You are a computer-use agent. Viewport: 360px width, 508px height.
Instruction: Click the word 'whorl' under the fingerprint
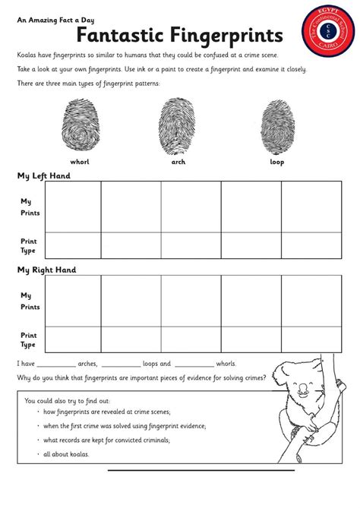pyautogui.click(x=80, y=162)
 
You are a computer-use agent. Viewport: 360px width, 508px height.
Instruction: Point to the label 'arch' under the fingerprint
pyautogui.click(x=178, y=162)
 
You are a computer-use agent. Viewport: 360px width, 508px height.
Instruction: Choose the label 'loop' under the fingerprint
pyautogui.click(x=276, y=162)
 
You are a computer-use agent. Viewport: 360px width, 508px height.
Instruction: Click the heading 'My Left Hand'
pyautogui.click(x=44, y=175)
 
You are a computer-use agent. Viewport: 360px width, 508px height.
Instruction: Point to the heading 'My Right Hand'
pyautogui.click(x=47, y=270)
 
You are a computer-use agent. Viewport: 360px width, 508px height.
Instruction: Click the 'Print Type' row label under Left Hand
pyautogui.click(x=29, y=246)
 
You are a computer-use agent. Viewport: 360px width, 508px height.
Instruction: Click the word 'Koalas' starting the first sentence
pyautogui.click(x=30, y=55)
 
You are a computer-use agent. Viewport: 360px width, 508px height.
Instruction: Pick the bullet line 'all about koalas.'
pyautogui.click(x=67, y=454)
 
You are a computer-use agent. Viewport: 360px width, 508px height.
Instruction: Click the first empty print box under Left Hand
pyautogui.click(x=73, y=207)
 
